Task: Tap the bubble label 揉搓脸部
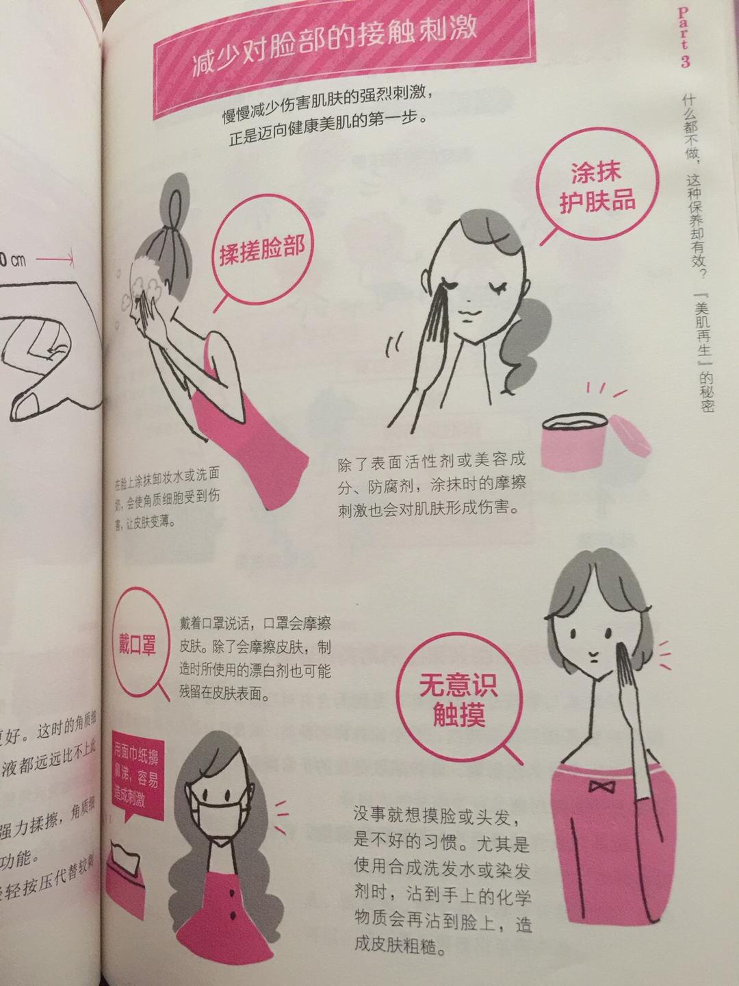[261, 251]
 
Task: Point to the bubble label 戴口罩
[138, 644]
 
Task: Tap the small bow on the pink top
[602, 787]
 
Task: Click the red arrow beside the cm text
[55, 260]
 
